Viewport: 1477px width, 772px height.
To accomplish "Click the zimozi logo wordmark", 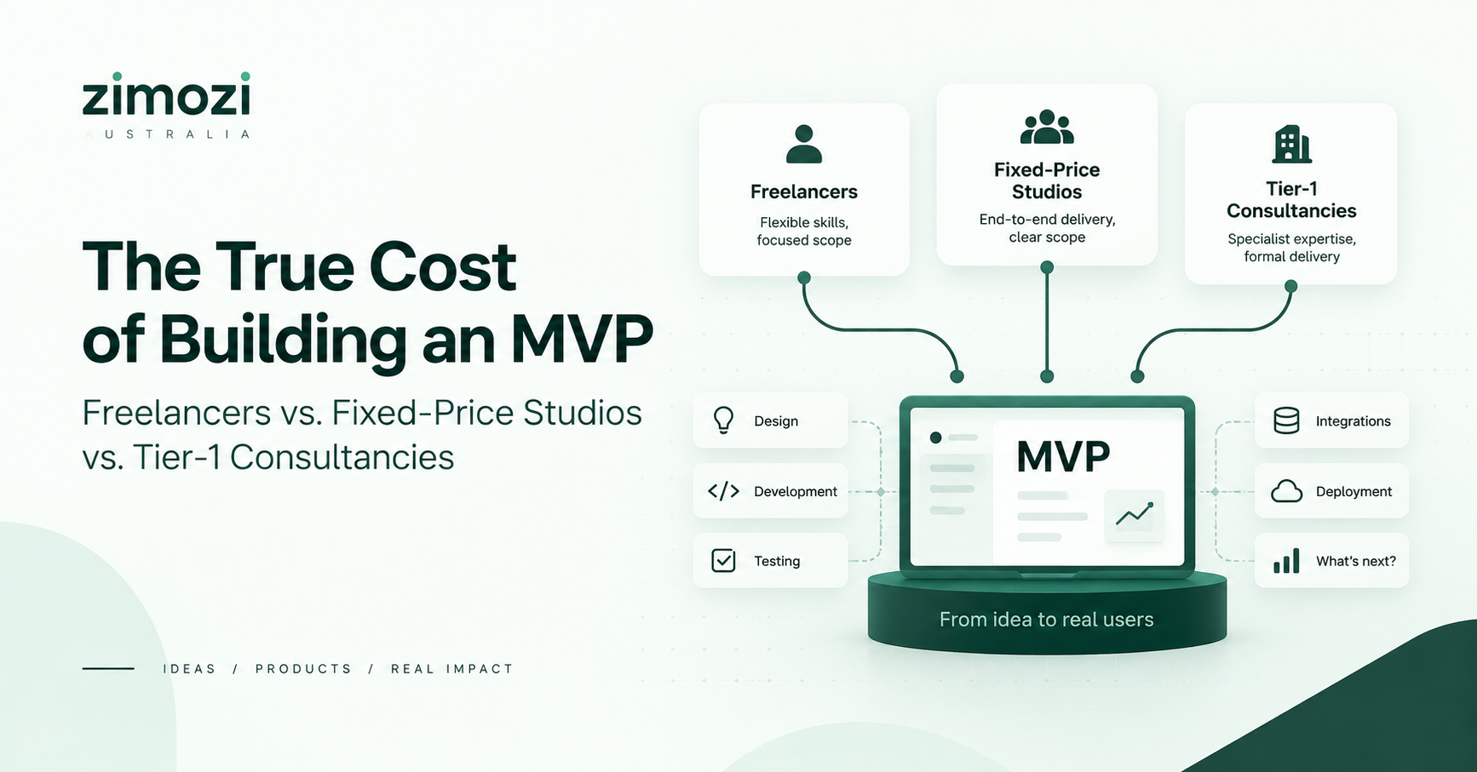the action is (x=166, y=94).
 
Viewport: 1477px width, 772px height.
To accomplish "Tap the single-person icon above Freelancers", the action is (x=803, y=144).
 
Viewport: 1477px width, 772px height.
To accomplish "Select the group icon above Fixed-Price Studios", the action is (x=1047, y=127).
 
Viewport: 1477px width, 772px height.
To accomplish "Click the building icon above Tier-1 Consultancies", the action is (x=1291, y=145).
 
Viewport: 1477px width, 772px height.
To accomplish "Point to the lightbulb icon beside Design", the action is (x=723, y=420).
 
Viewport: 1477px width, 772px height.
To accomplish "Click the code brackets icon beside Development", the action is (x=723, y=491).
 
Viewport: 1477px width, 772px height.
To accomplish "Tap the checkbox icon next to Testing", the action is (x=723, y=560).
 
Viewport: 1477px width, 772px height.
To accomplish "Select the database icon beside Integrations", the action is (x=1286, y=420).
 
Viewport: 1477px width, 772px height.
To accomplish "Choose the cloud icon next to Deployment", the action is (x=1286, y=491).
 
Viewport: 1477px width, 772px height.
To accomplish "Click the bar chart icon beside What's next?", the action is (x=1286, y=561).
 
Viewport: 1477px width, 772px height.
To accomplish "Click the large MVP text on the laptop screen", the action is (x=1063, y=457).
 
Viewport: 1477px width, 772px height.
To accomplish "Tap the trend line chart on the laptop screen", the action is (x=1135, y=513).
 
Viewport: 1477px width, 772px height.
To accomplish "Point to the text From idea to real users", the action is (x=1046, y=620).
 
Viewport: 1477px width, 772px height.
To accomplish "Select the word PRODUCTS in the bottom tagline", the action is (x=303, y=669).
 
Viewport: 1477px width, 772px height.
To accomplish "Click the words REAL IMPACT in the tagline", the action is (x=451, y=669).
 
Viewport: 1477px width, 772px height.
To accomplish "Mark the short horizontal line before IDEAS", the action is (x=108, y=668).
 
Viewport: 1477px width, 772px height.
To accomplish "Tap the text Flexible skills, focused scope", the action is (x=803, y=232).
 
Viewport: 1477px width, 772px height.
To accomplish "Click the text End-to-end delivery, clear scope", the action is (x=1047, y=228).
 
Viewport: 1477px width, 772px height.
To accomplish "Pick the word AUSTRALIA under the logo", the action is (x=168, y=134).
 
